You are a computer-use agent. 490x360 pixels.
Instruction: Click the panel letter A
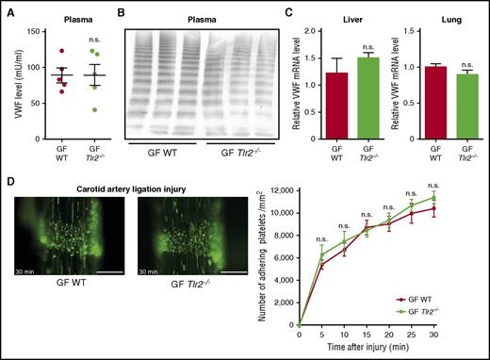click(7, 8)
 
